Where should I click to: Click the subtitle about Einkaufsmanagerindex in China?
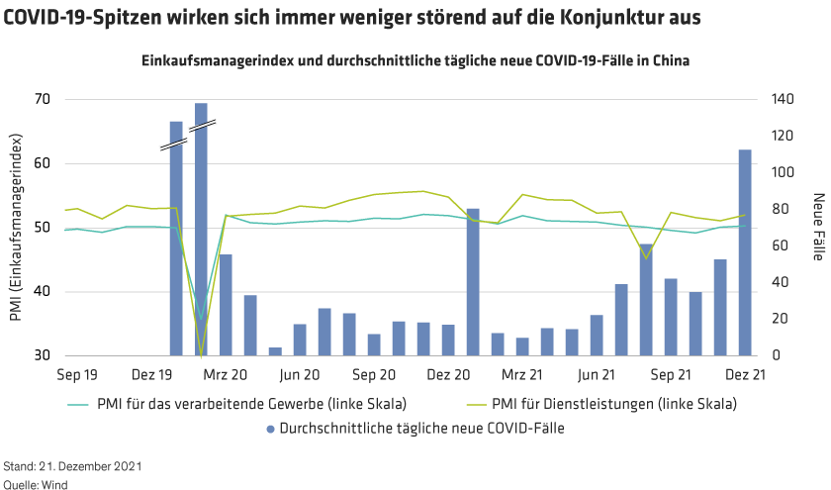tap(415, 60)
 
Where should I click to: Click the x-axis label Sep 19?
tap(75, 376)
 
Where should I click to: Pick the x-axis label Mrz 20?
tap(227, 376)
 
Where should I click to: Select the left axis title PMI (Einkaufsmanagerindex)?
tap(17, 228)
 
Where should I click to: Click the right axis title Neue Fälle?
tap(817, 227)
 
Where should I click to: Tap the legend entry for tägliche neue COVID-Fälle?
tap(421, 429)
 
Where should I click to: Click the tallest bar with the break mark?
tap(201, 228)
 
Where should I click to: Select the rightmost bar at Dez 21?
tap(745, 252)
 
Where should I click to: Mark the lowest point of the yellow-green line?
tap(201, 354)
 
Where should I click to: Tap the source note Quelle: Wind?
tap(36, 483)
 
